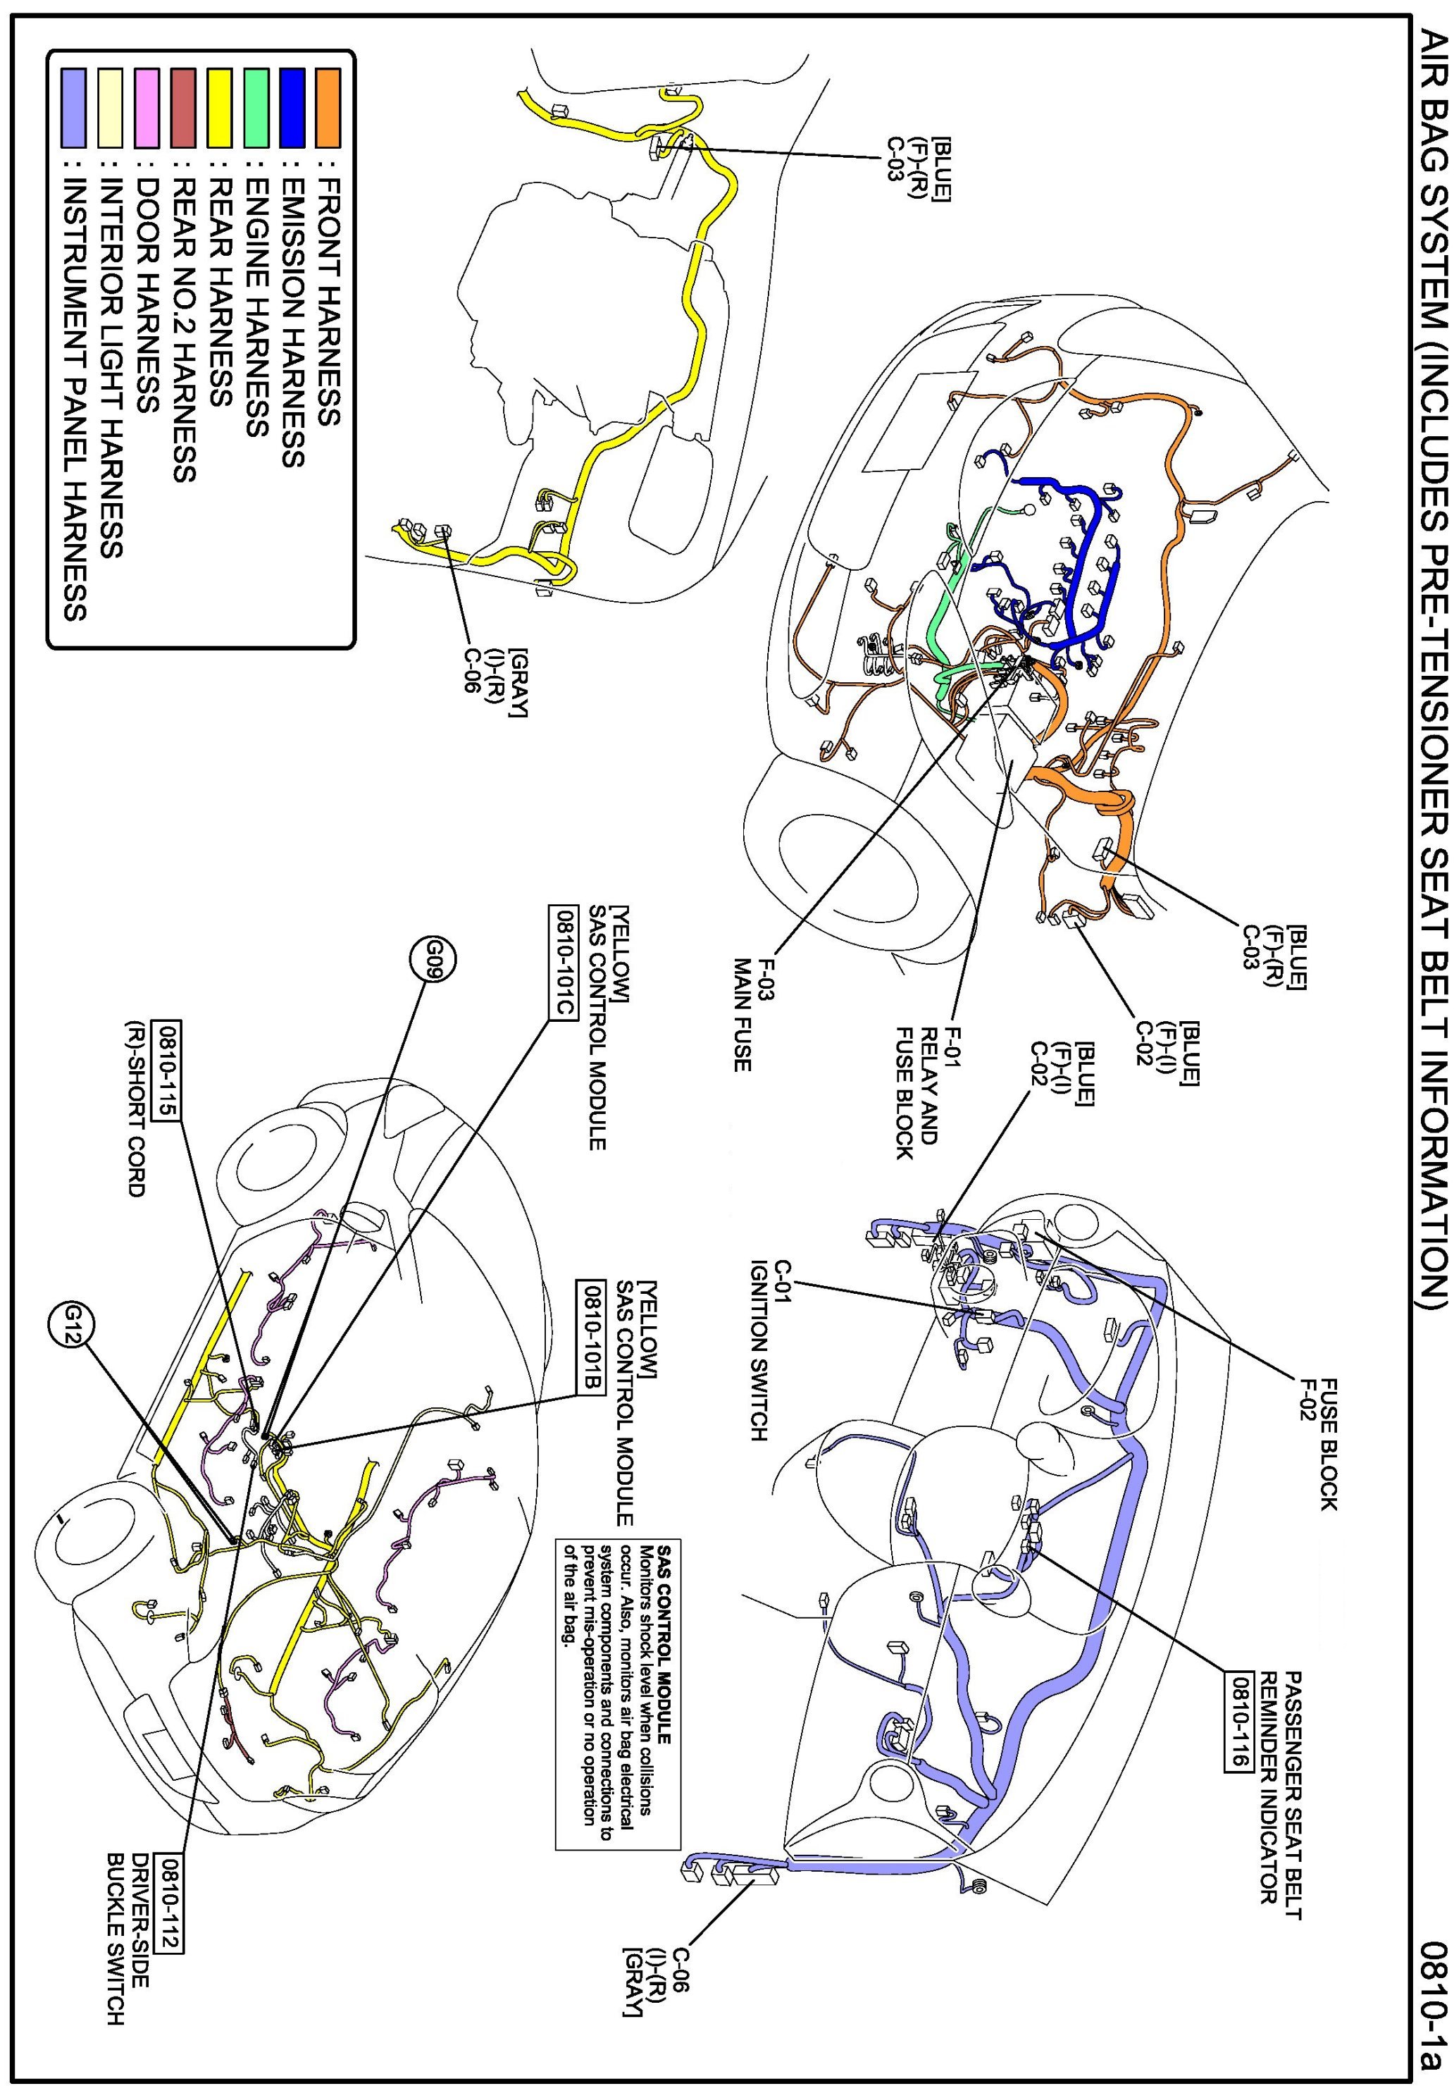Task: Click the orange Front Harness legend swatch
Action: pos(328,108)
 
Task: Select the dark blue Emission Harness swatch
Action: pos(292,108)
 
